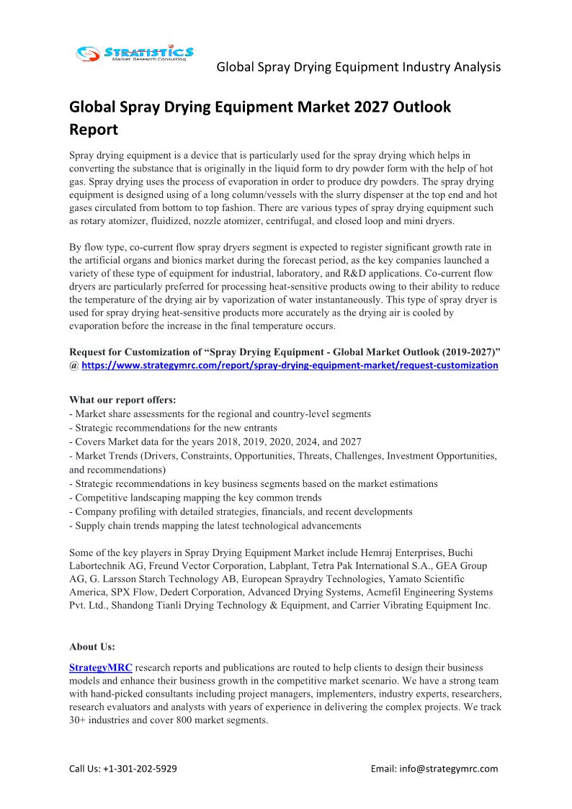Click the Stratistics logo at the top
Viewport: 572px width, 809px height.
point(135,53)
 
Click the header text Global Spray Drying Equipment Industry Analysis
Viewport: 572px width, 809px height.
point(358,67)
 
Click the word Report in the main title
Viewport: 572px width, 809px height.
point(93,130)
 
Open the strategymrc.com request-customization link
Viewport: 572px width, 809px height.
point(290,365)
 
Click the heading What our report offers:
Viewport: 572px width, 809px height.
point(122,400)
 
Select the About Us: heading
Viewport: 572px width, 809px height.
point(92,646)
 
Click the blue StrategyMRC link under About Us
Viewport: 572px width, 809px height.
point(101,668)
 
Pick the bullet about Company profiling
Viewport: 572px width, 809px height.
point(241,511)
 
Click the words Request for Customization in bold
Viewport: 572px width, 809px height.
point(133,352)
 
